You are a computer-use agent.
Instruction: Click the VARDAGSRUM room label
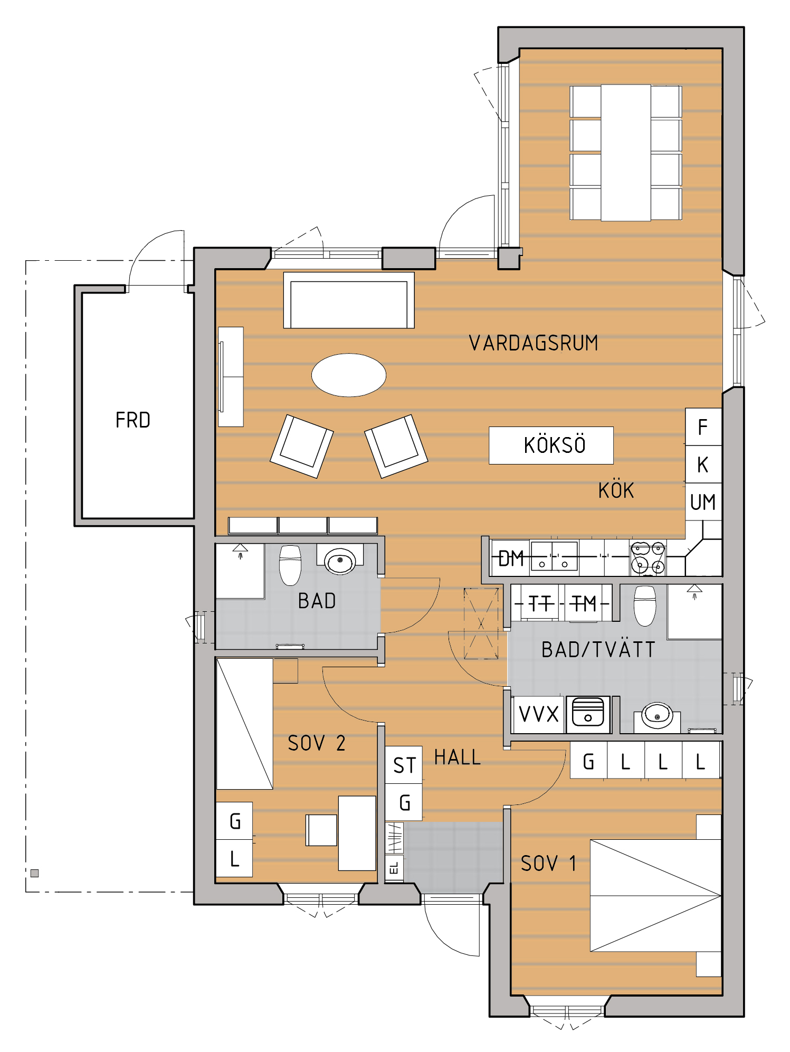(x=534, y=343)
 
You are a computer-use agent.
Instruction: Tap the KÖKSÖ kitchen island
(x=551, y=445)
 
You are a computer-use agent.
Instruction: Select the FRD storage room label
(x=133, y=420)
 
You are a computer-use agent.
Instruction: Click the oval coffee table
(x=349, y=375)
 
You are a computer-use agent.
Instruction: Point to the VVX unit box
(x=539, y=714)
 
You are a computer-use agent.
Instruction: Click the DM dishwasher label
(x=511, y=558)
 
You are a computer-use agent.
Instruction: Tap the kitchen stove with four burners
(x=648, y=557)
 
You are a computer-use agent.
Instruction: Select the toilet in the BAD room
(x=290, y=565)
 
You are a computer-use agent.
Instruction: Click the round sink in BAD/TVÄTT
(x=657, y=715)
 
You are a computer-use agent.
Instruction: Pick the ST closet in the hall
(x=404, y=764)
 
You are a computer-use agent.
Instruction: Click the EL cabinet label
(x=394, y=868)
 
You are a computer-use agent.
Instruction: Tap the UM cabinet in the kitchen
(x=703, y=501)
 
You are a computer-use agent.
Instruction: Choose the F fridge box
(x=703, y=427)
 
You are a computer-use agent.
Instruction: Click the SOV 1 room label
(x=548, y=864)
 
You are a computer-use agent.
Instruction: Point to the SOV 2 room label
(x=317, y=743)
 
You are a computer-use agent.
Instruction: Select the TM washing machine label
(x=584, y=603)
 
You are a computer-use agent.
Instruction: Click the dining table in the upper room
(x=626, y=153)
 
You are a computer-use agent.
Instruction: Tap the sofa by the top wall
(x=349, y=300)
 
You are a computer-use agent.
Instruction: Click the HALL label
(x=458, y=757)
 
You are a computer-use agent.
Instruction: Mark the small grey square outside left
(x=35, y=873)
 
